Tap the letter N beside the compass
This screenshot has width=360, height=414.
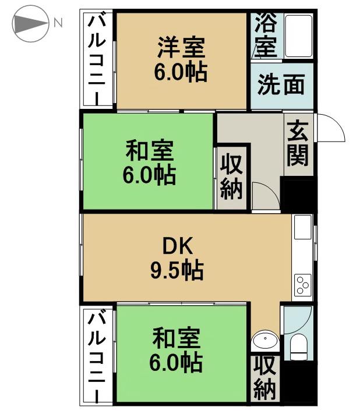coord(58,24)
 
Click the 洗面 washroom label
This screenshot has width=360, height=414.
coord(281,85)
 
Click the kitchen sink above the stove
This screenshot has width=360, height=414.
coord(303,227)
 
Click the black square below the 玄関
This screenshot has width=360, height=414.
coord(298,193)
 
